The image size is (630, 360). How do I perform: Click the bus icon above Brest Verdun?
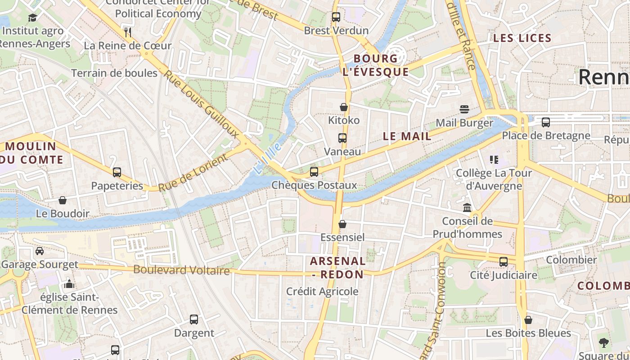pos(336,17)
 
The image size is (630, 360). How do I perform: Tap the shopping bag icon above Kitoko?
pos(343,107)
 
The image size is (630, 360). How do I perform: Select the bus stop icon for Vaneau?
pos(342,138)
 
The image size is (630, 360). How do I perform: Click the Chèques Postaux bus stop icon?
pos(314,171)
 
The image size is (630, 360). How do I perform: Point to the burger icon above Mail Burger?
pos(464,109)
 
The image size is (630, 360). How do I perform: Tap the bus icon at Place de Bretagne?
pos(546,122)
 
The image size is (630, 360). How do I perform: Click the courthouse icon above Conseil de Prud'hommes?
pos(467,208)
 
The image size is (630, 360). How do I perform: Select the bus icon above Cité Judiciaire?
pos(504,261)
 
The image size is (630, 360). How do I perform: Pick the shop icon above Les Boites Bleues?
pos(528,320)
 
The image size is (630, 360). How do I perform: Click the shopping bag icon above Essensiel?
pos(342,224)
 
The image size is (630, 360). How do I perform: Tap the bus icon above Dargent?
pos(194,319)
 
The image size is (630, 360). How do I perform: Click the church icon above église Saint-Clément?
pos(69,284)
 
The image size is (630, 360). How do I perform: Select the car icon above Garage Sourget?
pos(40,251)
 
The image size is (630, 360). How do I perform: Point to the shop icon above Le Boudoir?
pos(63,200)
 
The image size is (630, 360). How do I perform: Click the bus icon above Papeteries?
pos(117,172)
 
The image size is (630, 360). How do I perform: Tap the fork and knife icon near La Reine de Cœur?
pos(128,32)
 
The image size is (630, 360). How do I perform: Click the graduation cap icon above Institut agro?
pos(32,18)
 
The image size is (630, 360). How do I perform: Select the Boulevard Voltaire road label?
pos(181,270)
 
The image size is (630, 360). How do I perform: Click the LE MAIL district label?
pos(407,136)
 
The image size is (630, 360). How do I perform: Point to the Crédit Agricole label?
pos(322,292)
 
